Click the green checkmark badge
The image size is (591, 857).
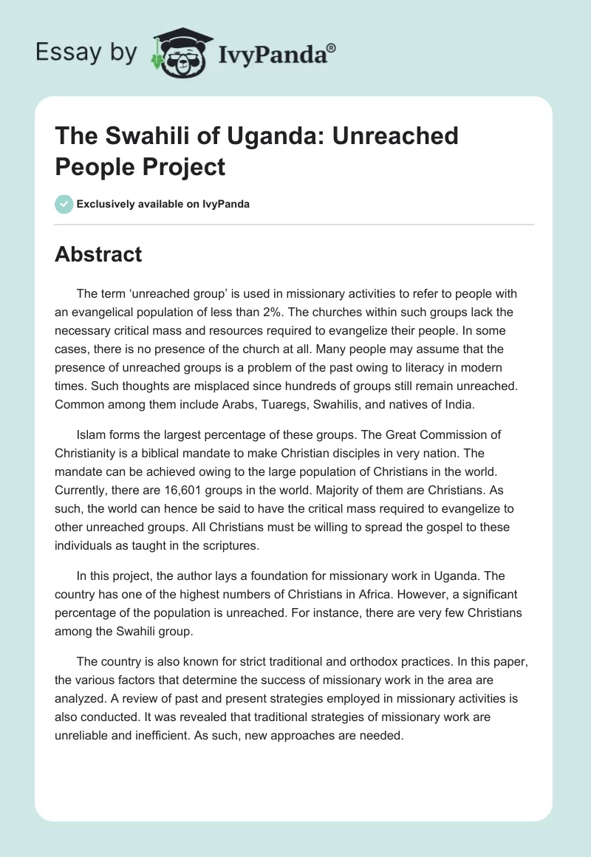(64, 205)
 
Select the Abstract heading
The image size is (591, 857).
(98, 255)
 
